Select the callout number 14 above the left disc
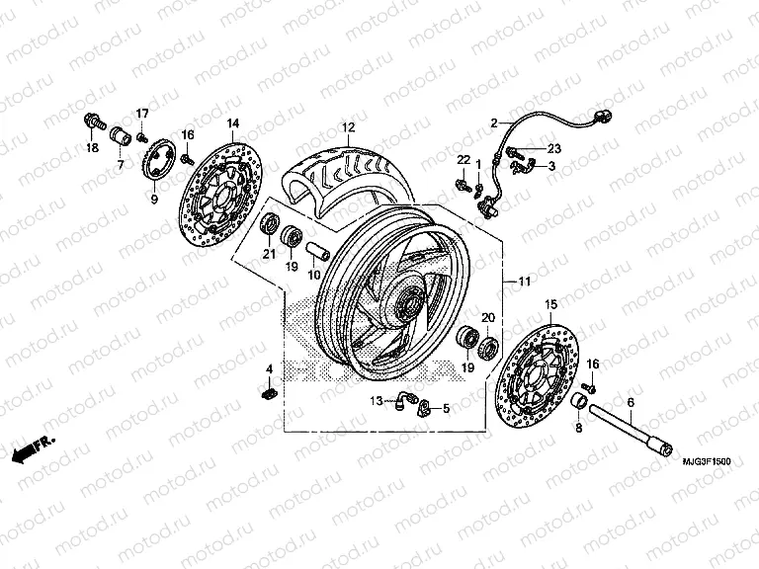coord(233,123)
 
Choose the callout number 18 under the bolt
coord(92,148)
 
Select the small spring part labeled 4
coord(267,393)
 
